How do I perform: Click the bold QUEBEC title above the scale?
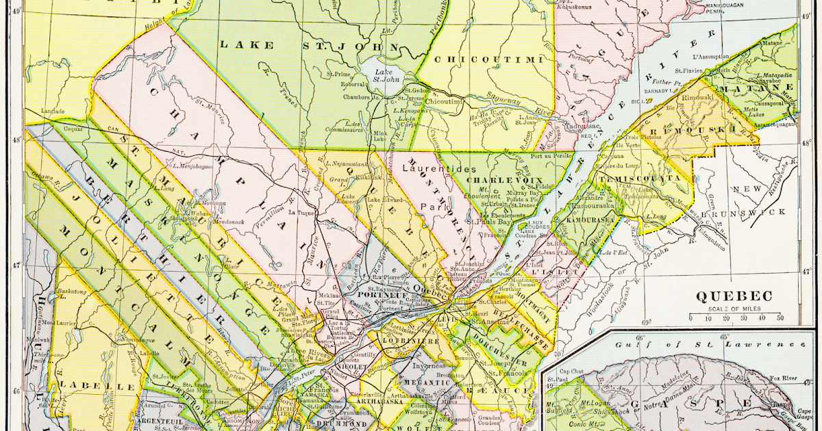(734, 297)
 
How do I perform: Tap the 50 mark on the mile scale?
(780, 317)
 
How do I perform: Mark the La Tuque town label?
(301, 213)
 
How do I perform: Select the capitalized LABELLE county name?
(87, 386)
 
